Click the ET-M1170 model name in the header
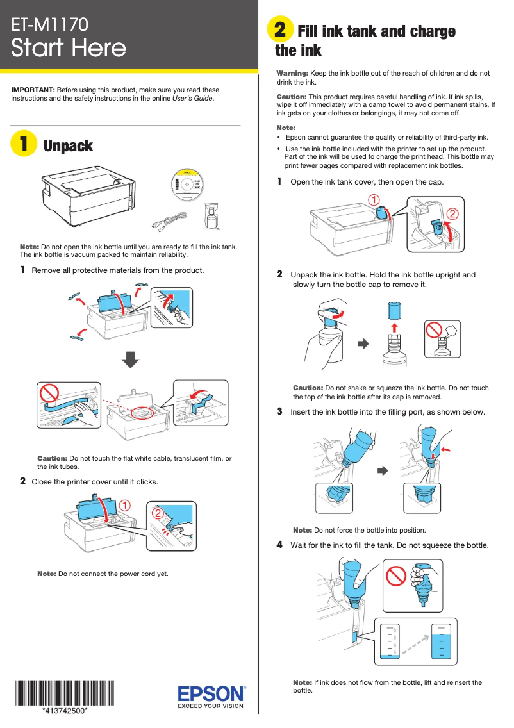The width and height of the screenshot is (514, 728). pyautogui.click(x=50, y=25)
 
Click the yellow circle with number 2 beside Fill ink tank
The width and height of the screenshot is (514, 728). pyautogui.click(x=279, y=30)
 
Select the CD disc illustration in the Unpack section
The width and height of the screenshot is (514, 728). pyautogui.click(x=188, y=185)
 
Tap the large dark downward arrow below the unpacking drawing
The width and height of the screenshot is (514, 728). pyautogui.click(x=131, y=360)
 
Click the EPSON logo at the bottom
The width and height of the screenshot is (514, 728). pyautogui.click(x=211, y=693)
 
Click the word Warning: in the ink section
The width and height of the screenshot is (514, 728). pyautogui.click(x=292, y=74)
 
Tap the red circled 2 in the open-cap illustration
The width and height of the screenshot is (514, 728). pyautogui.click(x=452, y=212)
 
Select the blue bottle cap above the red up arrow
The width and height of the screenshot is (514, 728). pyautogui.click(x=394, y=312)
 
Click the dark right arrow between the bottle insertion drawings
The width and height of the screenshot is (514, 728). pyautogui.click(x=383, y=470)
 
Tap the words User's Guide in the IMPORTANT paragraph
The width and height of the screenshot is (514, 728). pyautogui.click(x=193, y=99)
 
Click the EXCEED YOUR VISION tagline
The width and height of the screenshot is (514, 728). pyautogui.click(x=211, y=706)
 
